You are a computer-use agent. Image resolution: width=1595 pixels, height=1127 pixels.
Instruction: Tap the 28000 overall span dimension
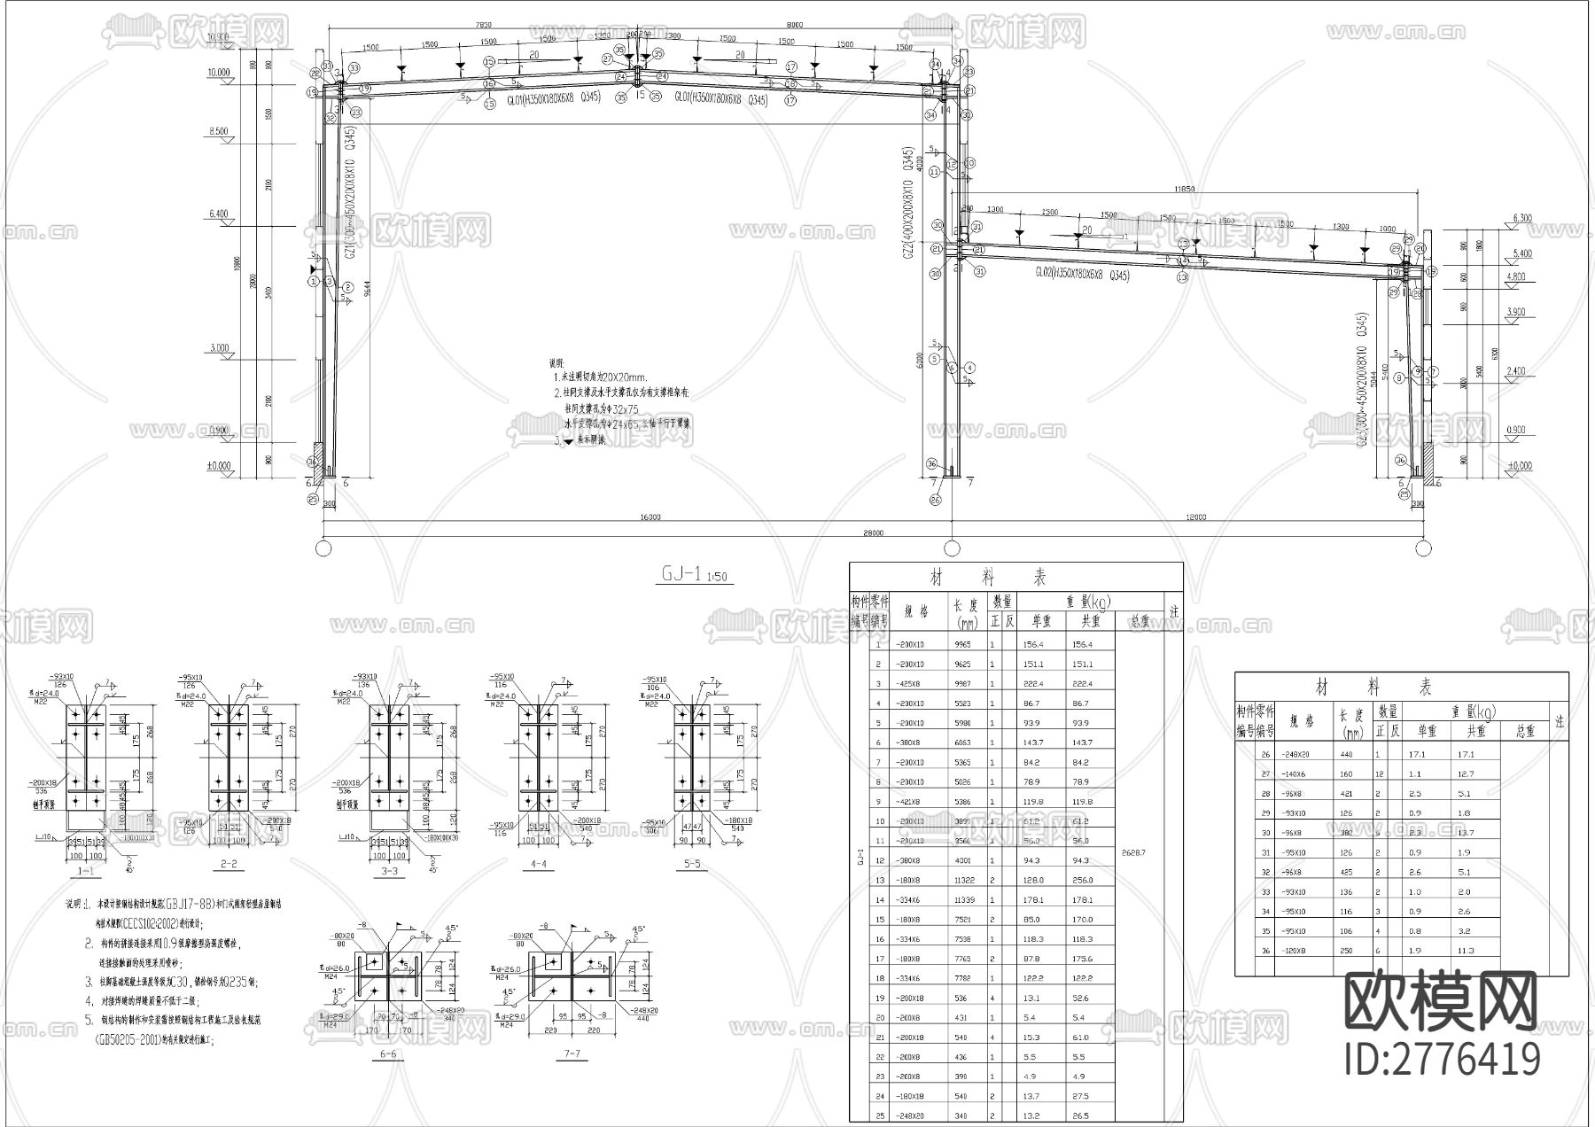[x=873, y=532]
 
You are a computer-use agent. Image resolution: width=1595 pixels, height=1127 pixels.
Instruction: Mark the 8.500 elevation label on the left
[x=218, y=131]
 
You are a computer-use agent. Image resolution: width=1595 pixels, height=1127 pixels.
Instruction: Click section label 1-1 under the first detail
[x=86, y=871]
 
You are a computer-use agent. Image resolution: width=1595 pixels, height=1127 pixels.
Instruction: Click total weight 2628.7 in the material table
[x=1133, y=852]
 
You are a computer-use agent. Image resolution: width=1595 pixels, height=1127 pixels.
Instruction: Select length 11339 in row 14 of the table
[x=963, y=899]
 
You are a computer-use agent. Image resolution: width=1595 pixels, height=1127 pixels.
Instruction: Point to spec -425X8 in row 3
[x=910, y=683]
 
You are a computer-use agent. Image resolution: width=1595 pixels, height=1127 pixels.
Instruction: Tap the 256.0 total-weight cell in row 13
[x=1082, y=880]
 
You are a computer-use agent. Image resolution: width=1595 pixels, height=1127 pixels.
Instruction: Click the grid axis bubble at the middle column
[x=952, y=548]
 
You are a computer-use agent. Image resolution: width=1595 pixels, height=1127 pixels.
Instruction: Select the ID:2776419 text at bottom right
[x=1443, y=1059]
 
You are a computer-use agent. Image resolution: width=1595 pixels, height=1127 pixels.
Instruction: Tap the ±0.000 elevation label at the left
[x=218, y=466]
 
